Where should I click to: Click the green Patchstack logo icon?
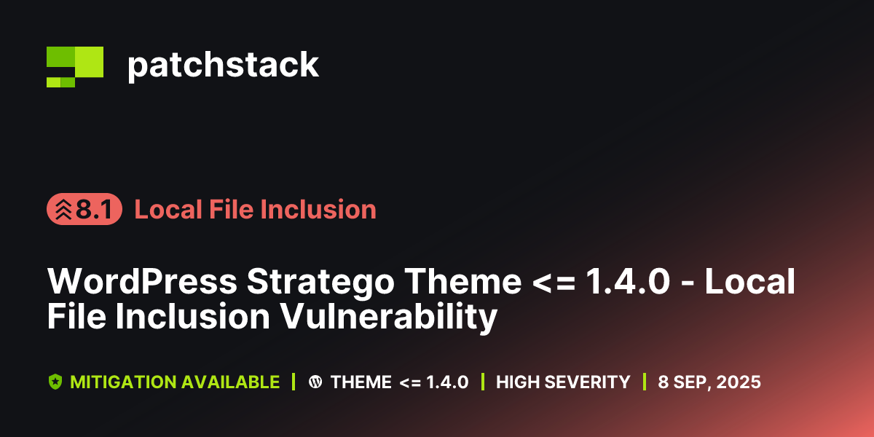pyautogui.click(x=74, y=66)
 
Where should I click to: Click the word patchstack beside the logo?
pyautogui.click(x=223, y=66)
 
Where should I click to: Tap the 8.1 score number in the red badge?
pyautogui.click(x=93, y=210)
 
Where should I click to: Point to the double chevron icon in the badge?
pyautogui.click(x=64, y=210)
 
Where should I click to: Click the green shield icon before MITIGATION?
pyautogui.click(x=55, y=382)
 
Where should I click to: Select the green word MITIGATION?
pyautogui.click(x=122, y=382)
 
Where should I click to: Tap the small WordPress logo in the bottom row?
pyautogui.click(x=315, y=382)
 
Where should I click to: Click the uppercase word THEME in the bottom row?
pyautogui.click(x=361, y=382)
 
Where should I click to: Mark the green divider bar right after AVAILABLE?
pyautogui.click(x=294, y=382)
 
